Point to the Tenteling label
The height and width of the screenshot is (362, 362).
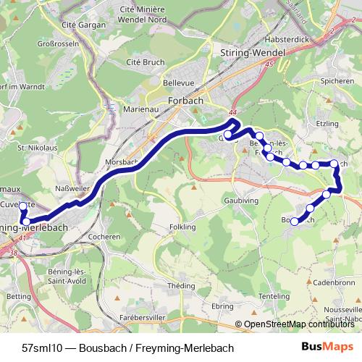274,297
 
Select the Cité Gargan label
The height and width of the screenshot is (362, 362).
80,24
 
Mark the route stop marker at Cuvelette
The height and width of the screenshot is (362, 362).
23,206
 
